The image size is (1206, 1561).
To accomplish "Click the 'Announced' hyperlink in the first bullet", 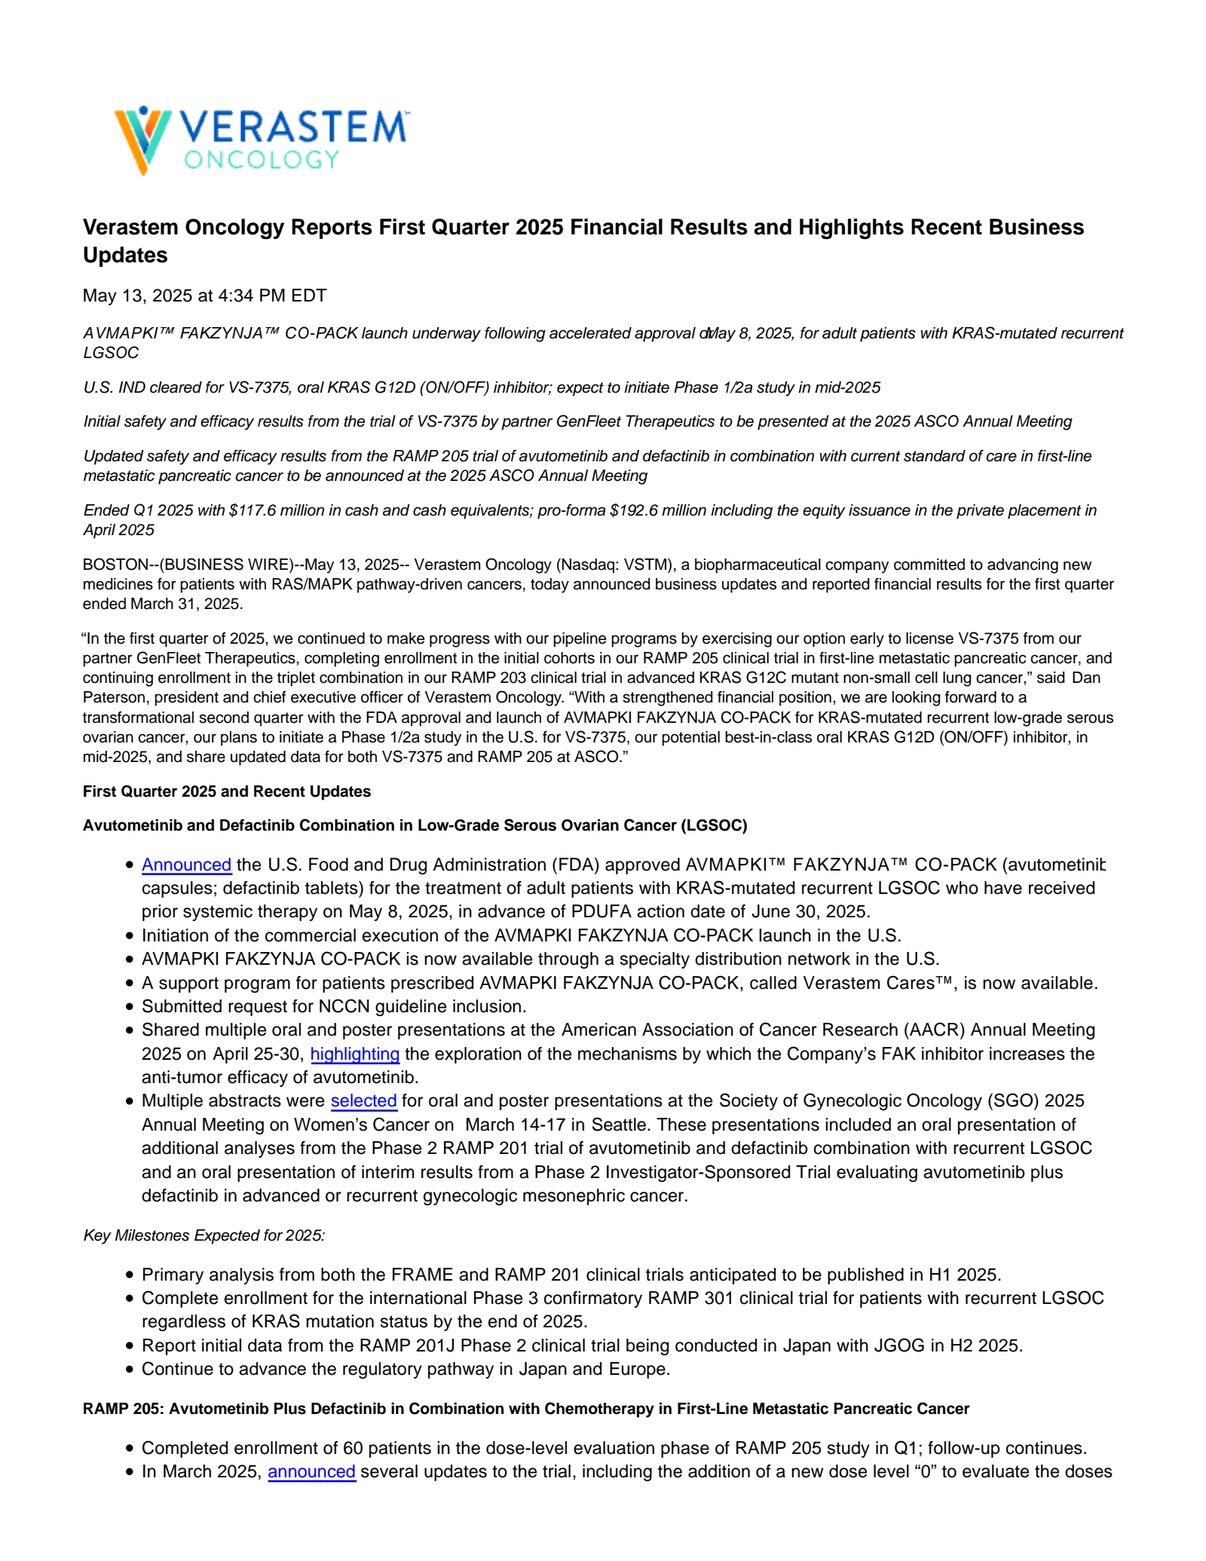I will click(186, 865).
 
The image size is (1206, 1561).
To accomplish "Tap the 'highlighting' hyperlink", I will click(354, 1054).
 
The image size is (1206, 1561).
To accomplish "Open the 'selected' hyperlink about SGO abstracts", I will click(363, 1100).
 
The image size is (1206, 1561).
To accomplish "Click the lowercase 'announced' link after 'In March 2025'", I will click(311, 1471).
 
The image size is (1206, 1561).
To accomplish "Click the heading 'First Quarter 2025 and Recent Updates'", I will click(226, 791).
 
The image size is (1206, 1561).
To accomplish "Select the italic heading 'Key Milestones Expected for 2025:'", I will click(204, 1235).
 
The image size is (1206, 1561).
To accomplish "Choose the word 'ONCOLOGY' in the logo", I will click(261, 160).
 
